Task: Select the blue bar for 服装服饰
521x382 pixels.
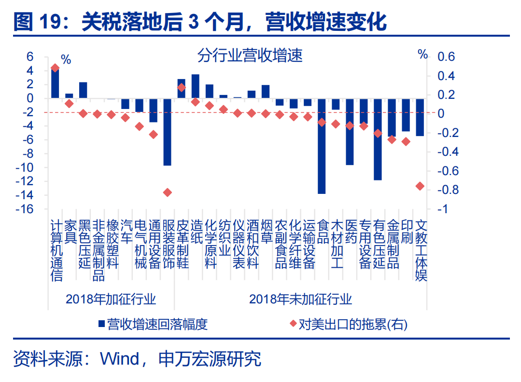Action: click(168, 132)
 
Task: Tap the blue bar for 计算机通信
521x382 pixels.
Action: click(55, 83)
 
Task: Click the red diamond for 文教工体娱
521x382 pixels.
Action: click(420, 186)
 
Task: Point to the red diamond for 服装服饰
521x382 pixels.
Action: click(168, 192)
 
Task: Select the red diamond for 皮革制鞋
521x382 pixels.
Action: click(182, 87)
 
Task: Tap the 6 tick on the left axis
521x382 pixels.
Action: click(30, 57)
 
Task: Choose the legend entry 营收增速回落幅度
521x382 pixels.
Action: click(153, 324)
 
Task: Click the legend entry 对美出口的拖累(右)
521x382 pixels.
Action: click(348, 324)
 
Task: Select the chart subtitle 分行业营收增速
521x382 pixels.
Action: click(250, 56)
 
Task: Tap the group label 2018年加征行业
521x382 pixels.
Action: click(111, 299)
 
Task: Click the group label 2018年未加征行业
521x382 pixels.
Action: click(301, 299)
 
